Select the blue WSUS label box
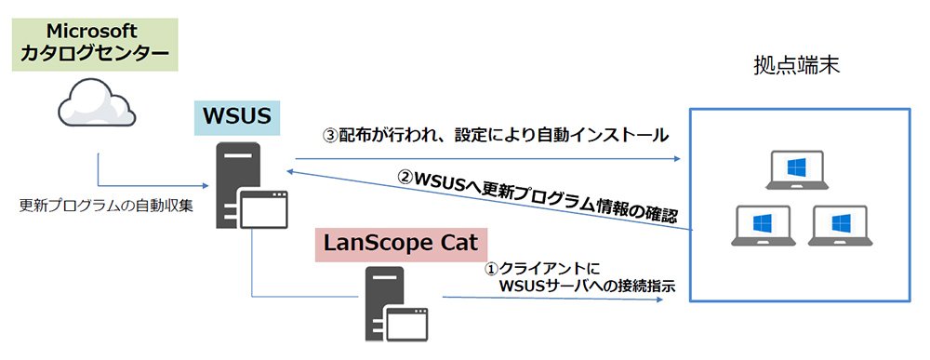[x=237, y=115]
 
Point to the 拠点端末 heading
[x=797, y=66]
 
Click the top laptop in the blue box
[x=797, y=169]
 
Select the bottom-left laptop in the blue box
[x=763, y=225]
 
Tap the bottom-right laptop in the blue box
[x=840, y=225]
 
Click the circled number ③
[x=329, y=135]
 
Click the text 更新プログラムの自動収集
[x=107, y=207]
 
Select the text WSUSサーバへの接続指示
[x=588, y=287]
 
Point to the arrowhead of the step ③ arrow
[x=677, y=159]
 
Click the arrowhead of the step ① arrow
[x=659, y=300]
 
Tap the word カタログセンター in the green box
[x=95, y=55]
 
